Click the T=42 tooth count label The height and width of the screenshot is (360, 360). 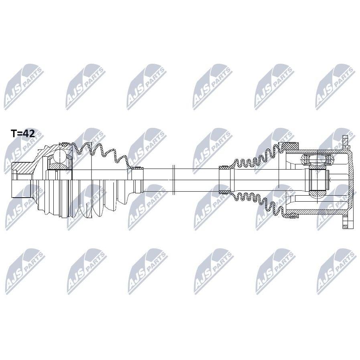click(23, 133)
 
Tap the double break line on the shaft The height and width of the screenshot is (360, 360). click(174, 180)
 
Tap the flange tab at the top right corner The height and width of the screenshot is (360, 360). click(345, 142)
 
